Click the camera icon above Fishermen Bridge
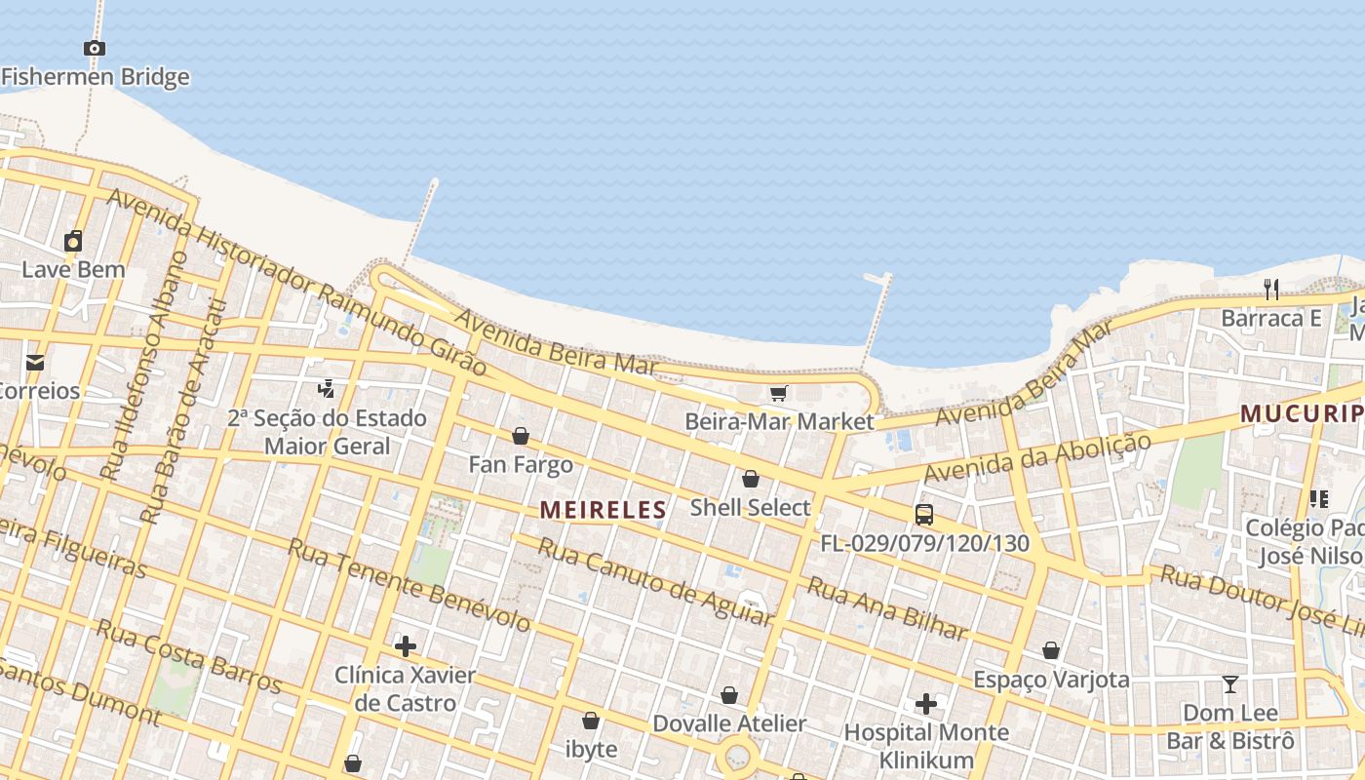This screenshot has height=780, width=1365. (94, 48)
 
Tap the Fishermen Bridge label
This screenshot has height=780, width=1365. (95, 77)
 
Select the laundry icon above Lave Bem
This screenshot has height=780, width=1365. (73, 241)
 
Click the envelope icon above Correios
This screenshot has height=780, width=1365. (35, 363)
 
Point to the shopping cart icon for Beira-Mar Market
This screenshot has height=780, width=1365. (778, 393)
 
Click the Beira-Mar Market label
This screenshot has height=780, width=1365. (779, 422)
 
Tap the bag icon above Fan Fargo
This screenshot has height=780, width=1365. (521, 436)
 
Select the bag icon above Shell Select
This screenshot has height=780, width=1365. (750, 479)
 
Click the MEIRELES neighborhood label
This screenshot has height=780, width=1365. (603, 509)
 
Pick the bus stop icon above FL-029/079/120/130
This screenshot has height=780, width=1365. (923, 515)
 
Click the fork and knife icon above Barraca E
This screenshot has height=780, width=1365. (1270, 289)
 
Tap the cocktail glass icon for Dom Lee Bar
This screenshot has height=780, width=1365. (1230, 684)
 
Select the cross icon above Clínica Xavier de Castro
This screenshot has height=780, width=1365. (405, 645)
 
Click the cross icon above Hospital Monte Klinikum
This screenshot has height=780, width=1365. (925, 703)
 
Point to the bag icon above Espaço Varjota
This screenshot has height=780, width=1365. (1051, 650)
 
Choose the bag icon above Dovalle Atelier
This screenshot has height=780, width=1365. (728, 695)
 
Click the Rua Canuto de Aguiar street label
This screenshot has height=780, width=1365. (655, 581)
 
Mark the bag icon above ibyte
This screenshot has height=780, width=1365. (590, 721)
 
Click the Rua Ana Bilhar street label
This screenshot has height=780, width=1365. (887, 608)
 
